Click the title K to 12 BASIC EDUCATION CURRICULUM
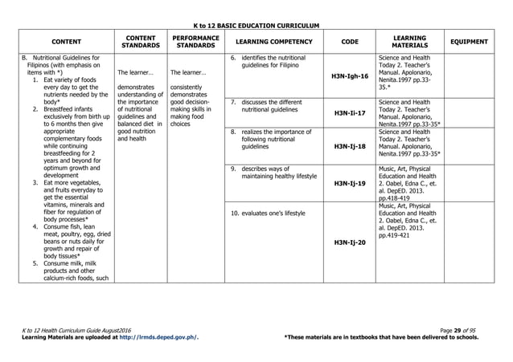pos(256,26)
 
